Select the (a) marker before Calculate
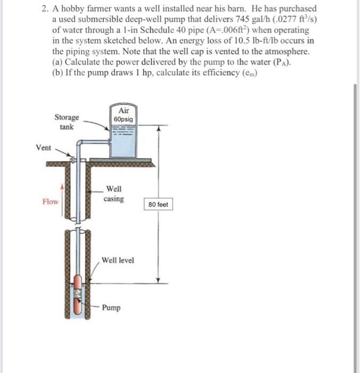[58, 62]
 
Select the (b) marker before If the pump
[58, 73]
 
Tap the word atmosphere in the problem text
[283, 52]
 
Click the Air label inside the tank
[123, 110]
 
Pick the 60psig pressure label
[123, 119]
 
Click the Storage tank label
[67, 121]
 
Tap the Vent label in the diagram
[44, 148]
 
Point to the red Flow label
[51, 201]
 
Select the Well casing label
[113, 193]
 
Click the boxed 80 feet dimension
[158, 205]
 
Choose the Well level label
[118, 260]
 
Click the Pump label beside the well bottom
[111, 307]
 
